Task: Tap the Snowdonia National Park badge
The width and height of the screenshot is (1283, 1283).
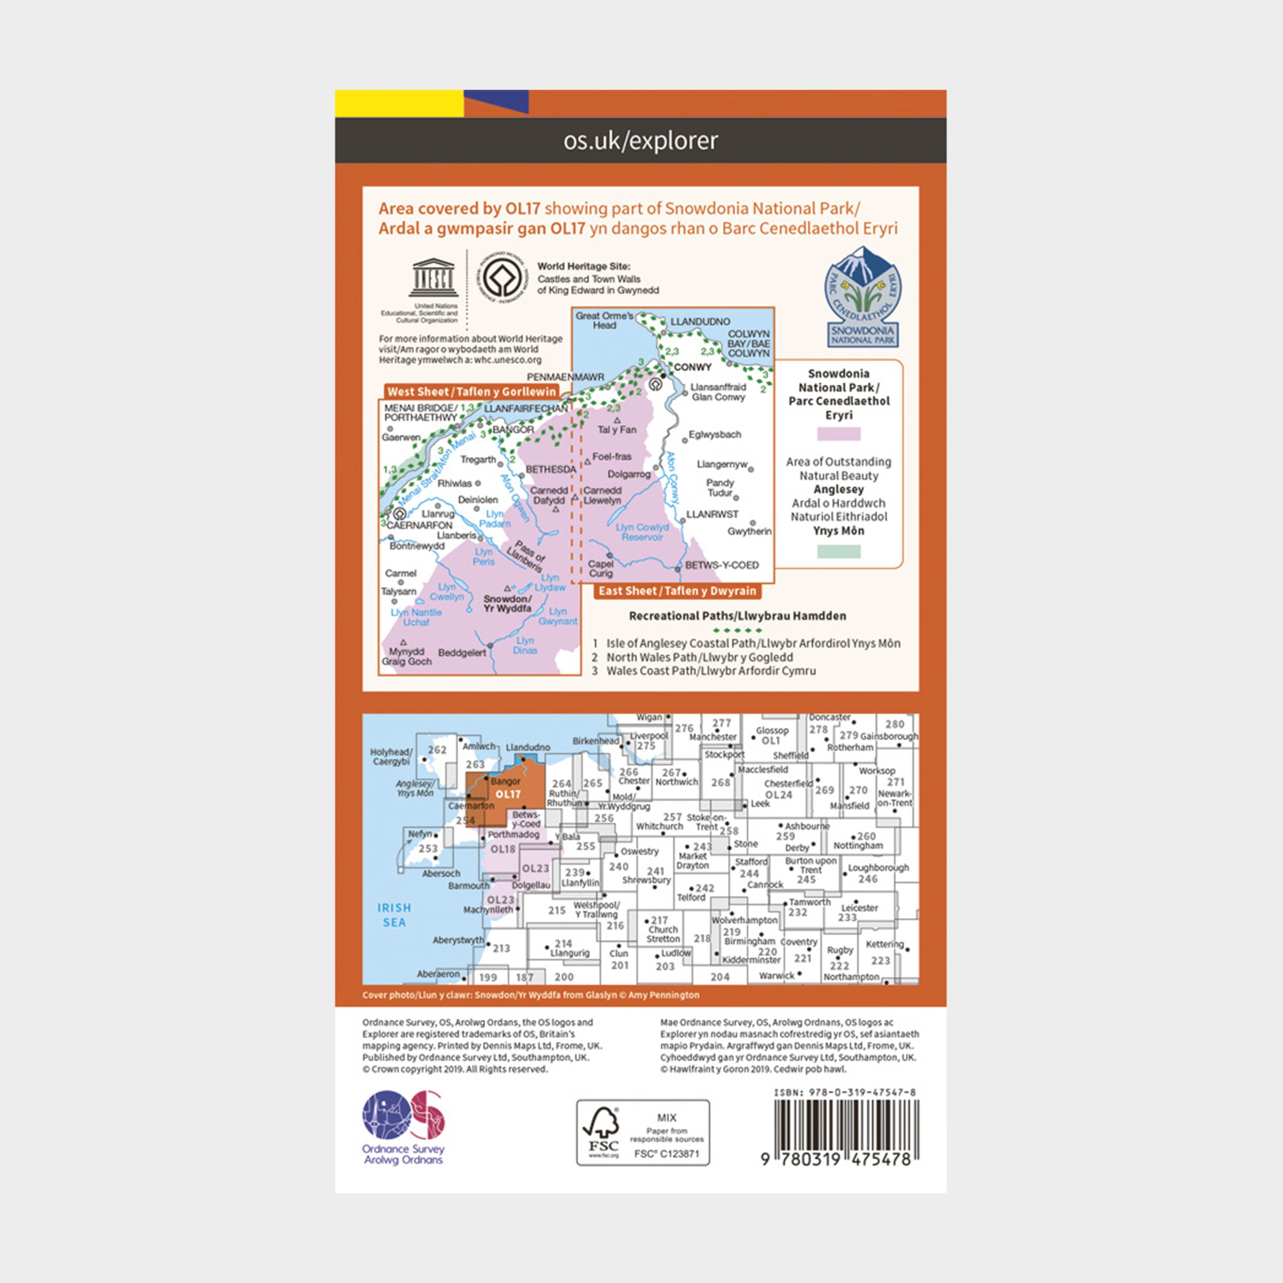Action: click(862, 296)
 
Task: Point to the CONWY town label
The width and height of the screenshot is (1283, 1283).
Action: click(692, 367)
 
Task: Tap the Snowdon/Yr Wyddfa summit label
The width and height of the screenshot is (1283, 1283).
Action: click(507, 603)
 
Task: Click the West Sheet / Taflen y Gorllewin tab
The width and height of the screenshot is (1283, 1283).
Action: click(472, 392)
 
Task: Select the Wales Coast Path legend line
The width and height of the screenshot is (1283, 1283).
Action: click(710, 671)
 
